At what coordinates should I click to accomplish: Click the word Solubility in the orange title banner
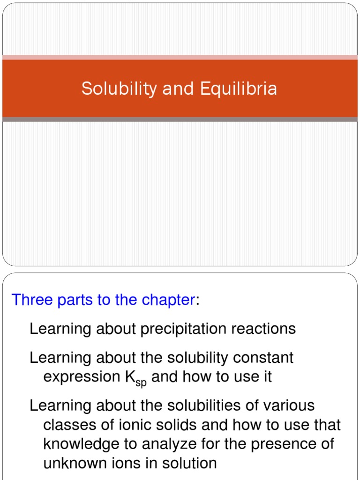pos(119,89)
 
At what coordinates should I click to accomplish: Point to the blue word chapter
pos(169,300)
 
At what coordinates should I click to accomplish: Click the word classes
pos(68,425)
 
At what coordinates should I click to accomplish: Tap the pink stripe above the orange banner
pos(180,57)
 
